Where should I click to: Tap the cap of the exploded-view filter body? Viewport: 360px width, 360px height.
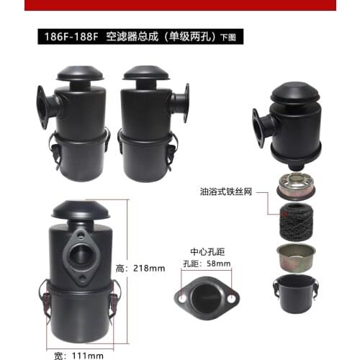point(294,94)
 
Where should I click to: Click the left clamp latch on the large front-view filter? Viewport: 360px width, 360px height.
point(44,296)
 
